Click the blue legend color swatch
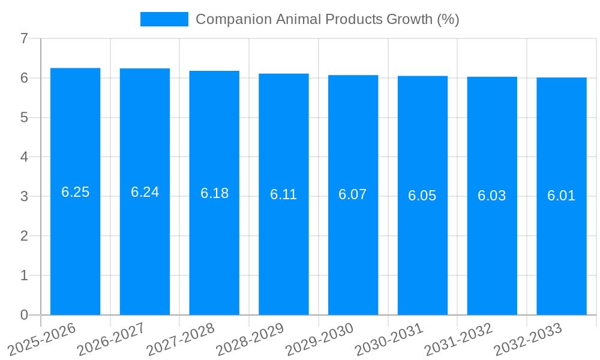click(164, 19)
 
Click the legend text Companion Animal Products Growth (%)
click(327, 19)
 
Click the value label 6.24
click(145, 192)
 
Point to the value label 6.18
click(214, 193)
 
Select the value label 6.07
click(353, 194)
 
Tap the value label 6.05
click(422, 196)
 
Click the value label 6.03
click(492, 196)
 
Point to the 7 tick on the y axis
click(24, 38)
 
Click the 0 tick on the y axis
click(24, 315)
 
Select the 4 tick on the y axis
click(24, 157)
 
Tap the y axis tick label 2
click(24, 236)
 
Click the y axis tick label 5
click(24, 118)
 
